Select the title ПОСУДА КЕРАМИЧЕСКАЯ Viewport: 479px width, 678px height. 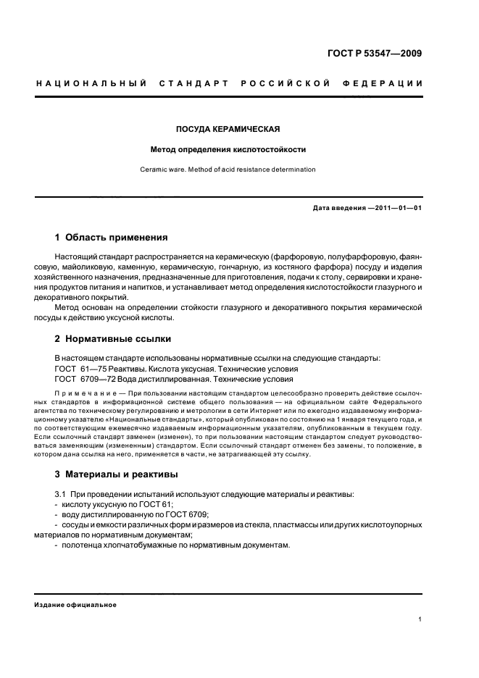point(228,130)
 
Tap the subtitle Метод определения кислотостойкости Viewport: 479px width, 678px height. point(228,150)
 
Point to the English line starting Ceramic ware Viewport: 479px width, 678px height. point(228,169)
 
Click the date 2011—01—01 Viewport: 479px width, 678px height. point(397,209)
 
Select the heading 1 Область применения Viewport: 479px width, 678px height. point(112,237)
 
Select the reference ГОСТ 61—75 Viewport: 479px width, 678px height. point(80,368)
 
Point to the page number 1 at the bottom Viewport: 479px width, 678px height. point(420,619)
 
